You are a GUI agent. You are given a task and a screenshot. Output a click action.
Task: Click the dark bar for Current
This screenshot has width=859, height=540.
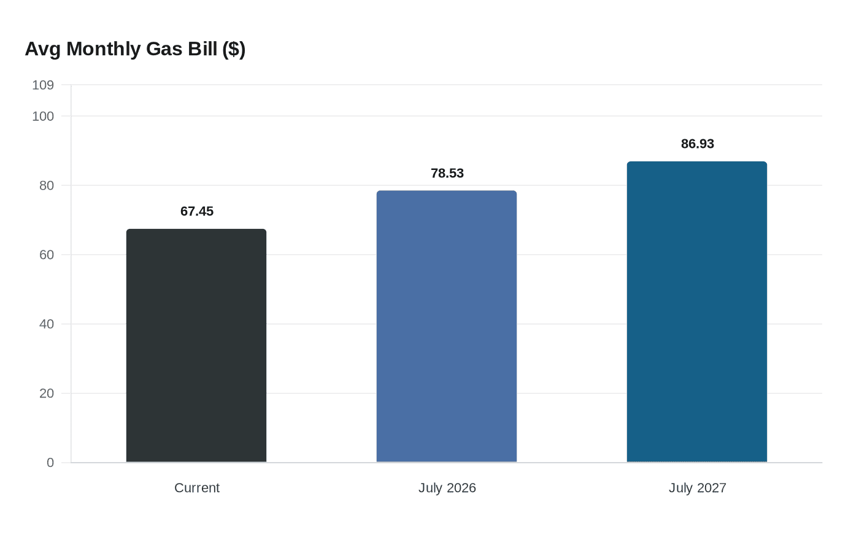196,345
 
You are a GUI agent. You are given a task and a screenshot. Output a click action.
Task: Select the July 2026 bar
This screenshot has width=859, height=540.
447,326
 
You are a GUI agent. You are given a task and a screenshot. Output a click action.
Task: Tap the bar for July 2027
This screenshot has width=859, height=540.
697,312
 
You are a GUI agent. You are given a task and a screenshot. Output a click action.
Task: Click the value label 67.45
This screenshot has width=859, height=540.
197,212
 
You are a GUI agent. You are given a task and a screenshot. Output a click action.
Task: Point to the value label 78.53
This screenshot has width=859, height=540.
447,174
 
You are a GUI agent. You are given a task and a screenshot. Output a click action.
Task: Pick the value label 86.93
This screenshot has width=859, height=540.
698,144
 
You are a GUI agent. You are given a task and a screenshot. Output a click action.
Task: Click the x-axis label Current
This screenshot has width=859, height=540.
197,488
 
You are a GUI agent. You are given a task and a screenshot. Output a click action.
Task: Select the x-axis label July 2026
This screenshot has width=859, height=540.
447,488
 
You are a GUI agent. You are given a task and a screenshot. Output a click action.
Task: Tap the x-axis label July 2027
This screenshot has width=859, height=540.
698,488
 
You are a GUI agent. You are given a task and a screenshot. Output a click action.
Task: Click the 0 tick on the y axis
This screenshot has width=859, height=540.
50,463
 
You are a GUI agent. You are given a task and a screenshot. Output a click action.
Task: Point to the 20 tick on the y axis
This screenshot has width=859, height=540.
47,393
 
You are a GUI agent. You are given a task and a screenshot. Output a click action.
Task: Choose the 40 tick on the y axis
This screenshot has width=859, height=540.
47,324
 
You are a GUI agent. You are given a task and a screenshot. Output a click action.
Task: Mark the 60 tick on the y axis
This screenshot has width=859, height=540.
47,255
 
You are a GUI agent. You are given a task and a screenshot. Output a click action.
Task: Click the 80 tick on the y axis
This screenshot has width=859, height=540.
47,185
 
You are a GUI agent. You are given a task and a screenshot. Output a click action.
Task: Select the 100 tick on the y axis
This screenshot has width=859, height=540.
43,116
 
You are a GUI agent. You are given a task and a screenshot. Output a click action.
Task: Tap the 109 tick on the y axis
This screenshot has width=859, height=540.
43,85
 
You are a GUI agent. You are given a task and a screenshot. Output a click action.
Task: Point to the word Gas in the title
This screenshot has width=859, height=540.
164,49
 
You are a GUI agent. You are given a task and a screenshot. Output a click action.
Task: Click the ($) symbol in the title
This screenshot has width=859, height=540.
234,49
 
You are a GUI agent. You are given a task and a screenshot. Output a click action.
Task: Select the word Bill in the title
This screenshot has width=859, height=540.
202,49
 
